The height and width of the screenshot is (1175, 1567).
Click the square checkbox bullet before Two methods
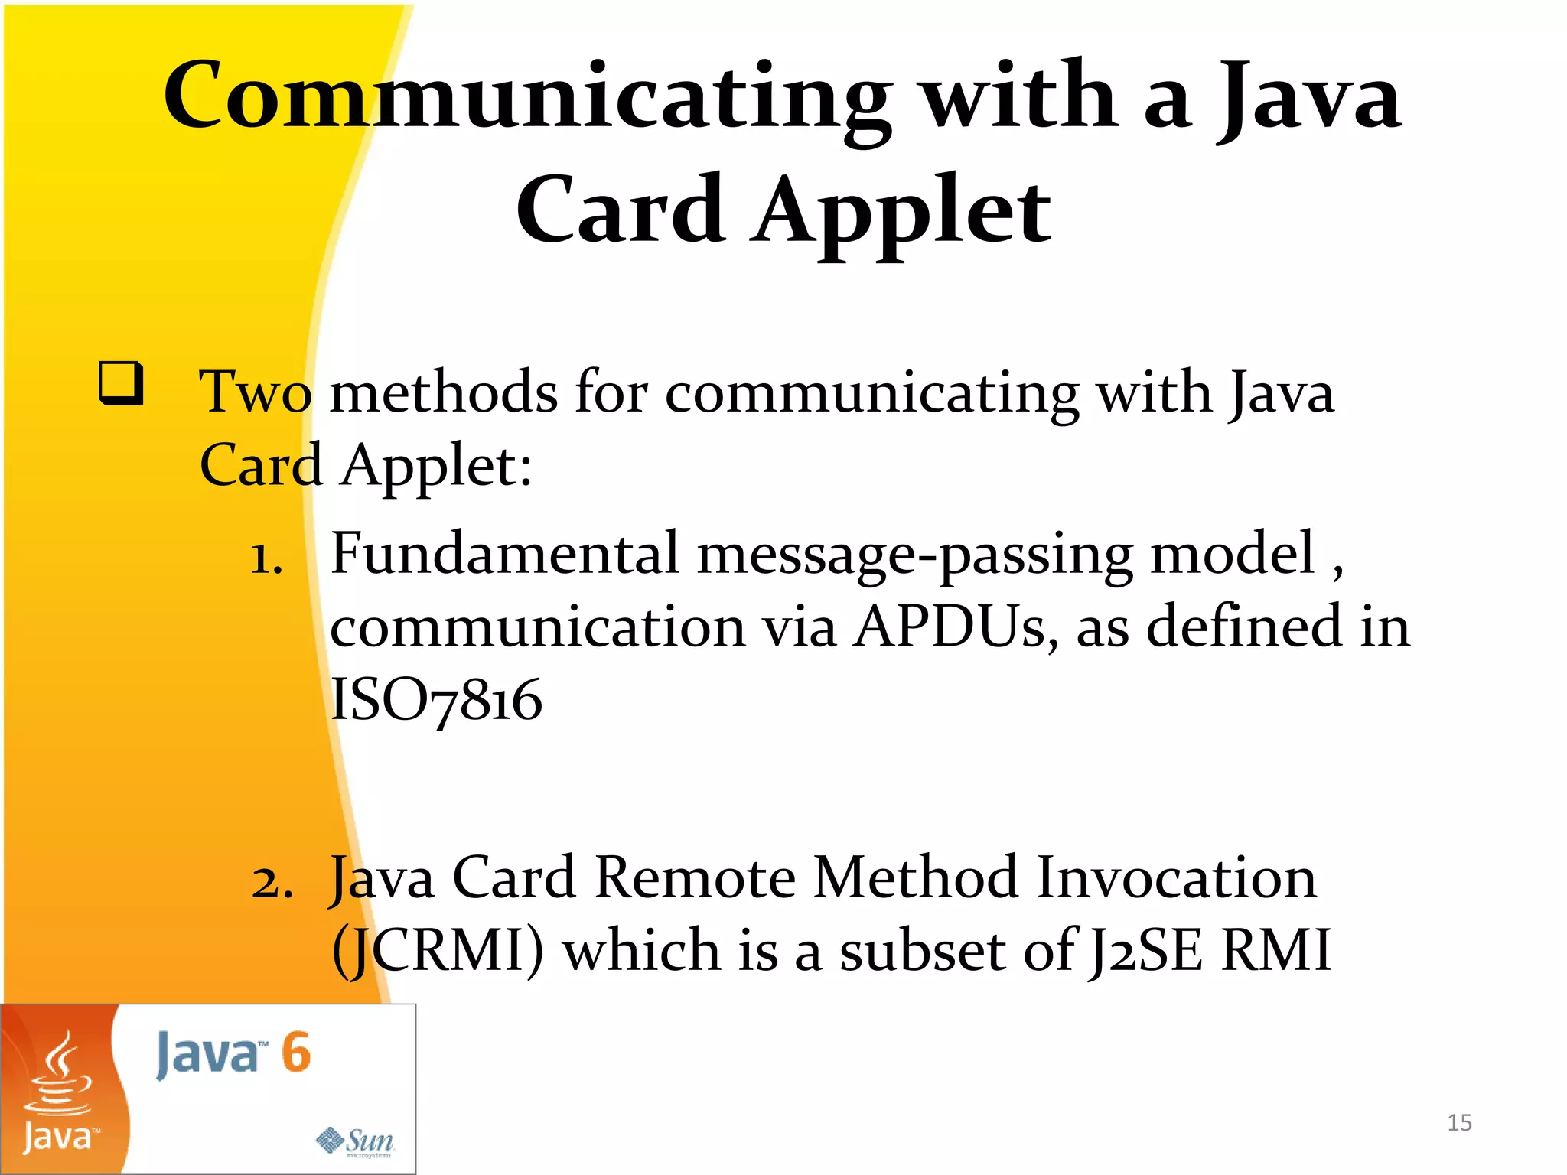tap(121, 382)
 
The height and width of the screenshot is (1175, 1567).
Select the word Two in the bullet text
tap(255, 392)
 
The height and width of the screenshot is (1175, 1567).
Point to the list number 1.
tap(266, 559)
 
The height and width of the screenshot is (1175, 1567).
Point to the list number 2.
tap(272, 884)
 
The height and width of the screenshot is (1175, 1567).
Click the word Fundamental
tap(504, 553)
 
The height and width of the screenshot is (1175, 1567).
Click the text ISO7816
tap(436, 700)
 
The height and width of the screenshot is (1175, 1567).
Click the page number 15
tap(1459, 1123)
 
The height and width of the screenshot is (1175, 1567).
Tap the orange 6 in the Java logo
tap(295, 1053)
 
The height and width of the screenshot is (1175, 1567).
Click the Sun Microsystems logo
tap(356, 1141)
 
